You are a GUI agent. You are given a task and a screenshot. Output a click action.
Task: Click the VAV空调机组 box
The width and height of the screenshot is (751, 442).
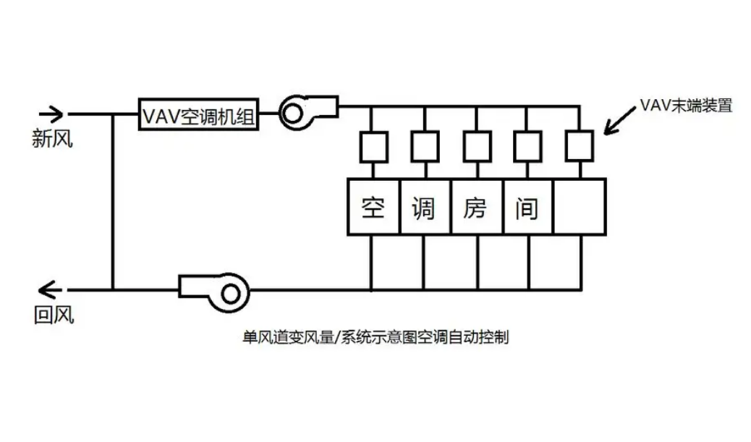(x=198, y=115)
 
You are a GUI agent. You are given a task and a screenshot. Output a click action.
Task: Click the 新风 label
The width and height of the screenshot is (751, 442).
(x=53, y=138)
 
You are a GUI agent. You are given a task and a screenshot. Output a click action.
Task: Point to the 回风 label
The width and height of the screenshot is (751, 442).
(x=54, y=315)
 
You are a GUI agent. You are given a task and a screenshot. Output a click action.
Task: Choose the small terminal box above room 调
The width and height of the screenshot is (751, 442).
(x=424, y=147)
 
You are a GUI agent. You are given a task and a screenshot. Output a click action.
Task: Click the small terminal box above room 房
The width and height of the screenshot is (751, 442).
(x=477, y=147)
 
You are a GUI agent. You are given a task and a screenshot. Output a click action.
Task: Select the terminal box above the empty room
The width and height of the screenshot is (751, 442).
(x=579, y=147)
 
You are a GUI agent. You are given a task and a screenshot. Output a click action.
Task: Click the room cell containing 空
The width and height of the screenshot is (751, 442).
(x=373, y=207)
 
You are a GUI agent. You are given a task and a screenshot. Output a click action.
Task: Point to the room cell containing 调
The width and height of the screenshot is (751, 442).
(x=425, y=207)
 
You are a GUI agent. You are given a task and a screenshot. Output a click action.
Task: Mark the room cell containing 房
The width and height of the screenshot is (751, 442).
(x=477, y=207)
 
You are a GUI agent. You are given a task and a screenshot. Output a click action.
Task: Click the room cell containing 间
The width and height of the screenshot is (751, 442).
(x=528, y=207)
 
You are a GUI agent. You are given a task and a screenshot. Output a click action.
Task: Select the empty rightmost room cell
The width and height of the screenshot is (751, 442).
(x=579, y=207)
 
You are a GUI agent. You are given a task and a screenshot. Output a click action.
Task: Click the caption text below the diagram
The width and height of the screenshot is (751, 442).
(x=375, y=337)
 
